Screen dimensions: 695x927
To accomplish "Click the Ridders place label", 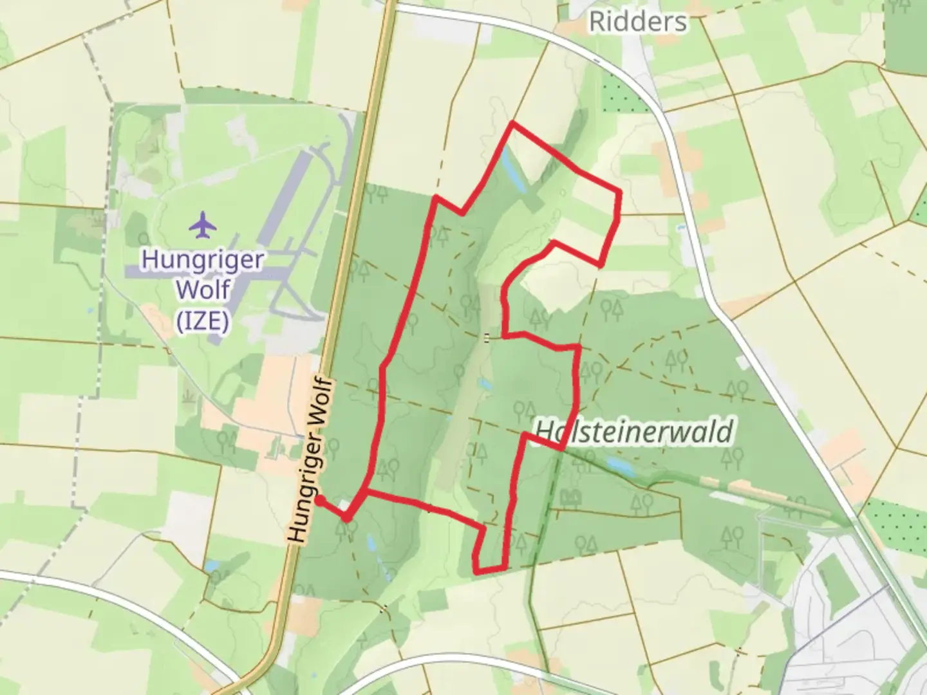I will tap(637, 23).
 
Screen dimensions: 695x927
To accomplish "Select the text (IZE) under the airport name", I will tap(203, 320).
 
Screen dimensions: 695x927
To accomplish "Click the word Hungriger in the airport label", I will tap(203, 260).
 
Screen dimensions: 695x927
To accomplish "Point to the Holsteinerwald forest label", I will tap(634, 431).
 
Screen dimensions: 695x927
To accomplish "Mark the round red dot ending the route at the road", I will tap(319, 501).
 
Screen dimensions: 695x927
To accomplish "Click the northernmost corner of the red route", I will tap(512, 122).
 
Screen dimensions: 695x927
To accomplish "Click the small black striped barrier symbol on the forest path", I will tap(487, 337).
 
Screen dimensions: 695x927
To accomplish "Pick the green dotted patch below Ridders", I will tap(621, 97).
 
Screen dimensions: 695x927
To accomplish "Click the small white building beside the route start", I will tap(344, 505).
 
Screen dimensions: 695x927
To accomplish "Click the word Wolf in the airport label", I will tap(203, 290).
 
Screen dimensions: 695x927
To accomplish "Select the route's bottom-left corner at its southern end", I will tap(476, 571).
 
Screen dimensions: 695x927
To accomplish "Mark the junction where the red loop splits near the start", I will tap(366, 492).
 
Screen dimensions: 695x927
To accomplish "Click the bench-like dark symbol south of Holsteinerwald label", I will tap(571, 497).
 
